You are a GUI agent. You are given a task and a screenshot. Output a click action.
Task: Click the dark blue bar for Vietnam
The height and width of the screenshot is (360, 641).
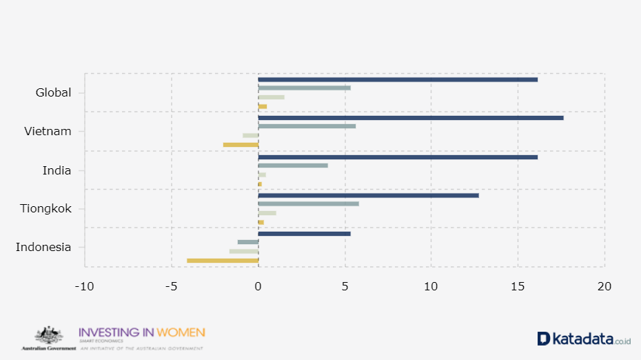pos(411,118)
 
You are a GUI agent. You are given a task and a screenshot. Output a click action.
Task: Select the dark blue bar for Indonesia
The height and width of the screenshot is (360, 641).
pos(305,234)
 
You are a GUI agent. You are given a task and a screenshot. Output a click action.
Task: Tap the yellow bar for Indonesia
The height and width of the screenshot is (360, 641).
pos(223,260)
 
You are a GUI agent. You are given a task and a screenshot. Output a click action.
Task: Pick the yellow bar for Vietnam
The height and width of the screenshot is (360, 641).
pos(241,144)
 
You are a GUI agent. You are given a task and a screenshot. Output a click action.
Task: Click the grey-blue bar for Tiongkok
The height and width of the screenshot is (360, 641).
pos(309,203)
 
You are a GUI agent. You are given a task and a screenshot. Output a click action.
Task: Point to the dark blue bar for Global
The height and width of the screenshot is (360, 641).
pos(398,79)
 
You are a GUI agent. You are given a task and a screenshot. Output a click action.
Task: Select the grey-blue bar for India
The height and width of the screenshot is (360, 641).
pos(293,166)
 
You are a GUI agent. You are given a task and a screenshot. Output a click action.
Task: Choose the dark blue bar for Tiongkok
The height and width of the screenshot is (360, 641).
pos(368,195)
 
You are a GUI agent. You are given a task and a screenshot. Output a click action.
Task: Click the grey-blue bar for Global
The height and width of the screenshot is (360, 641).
pos(305,88)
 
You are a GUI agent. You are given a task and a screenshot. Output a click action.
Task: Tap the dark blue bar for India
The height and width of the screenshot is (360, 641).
pos(398,157)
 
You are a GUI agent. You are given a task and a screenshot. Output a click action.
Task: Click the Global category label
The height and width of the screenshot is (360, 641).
pos(53,92)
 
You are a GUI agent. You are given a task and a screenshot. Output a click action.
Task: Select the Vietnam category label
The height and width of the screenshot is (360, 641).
pos(48,131)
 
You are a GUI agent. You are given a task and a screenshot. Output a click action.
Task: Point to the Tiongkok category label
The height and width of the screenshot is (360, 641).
pos(46,208)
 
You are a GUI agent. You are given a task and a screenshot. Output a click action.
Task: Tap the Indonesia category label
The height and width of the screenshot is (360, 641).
pos(43,247)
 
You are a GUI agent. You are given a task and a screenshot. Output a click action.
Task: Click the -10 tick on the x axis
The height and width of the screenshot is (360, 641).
pos(84,286)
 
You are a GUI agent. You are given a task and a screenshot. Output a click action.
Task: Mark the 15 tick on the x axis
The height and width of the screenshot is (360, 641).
pos(518,286)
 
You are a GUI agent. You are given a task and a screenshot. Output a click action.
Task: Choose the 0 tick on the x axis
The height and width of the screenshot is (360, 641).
pos(258,286)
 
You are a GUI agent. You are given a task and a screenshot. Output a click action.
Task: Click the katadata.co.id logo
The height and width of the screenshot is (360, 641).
pos(584,339)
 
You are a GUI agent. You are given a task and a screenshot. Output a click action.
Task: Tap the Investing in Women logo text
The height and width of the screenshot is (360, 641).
pos(142,332)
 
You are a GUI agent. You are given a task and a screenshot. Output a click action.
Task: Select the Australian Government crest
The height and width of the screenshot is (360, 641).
pos(48,336)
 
